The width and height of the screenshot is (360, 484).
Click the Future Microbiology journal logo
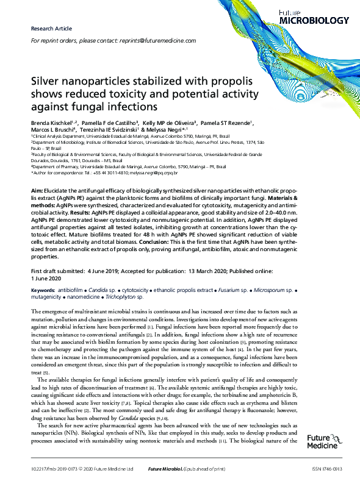point(322,17)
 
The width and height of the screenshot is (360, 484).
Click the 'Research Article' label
point(51,29)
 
